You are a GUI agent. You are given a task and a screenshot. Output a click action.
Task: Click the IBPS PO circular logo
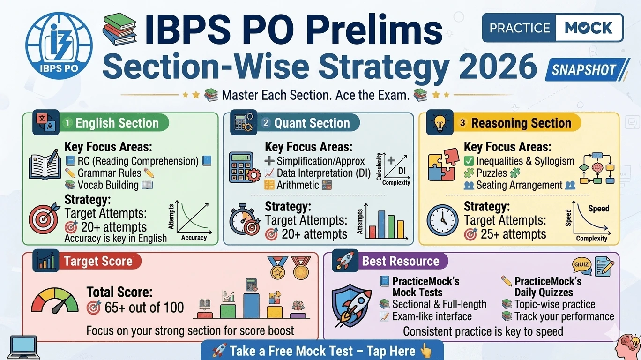59,46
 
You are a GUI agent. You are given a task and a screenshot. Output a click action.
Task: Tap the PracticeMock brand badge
552,28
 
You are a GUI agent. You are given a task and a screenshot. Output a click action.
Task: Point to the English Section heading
117,123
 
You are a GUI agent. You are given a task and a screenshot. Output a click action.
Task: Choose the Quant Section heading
312,123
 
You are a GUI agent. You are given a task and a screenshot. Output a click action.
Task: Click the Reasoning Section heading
521,123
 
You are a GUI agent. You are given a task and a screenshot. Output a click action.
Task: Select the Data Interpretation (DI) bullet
314,173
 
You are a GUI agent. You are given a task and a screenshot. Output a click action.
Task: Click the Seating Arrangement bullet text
519,185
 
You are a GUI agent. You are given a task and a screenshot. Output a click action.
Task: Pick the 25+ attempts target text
513,234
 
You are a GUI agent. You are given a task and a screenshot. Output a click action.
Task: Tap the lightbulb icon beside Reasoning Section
440,123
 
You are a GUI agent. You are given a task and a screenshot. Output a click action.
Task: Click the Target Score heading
98,261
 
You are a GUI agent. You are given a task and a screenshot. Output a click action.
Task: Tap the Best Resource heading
401,261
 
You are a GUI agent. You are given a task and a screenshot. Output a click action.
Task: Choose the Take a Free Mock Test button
322,351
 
